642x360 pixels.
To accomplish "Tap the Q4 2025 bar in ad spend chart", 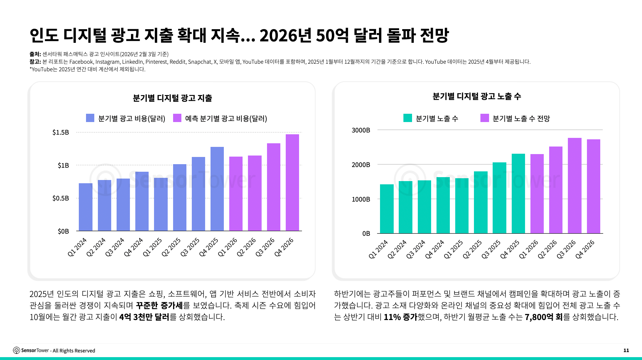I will pyautogui.click(x=217, y=189).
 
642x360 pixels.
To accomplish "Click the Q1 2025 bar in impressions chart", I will pyautogui.click(x=462, y=206).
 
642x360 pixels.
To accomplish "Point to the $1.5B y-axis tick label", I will pyautogui.click(x=60, y=132).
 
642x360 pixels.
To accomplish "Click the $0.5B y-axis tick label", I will pyautogui.click(x=60, y=198).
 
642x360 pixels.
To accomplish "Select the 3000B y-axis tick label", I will pyautogui.click(x=361, y=130).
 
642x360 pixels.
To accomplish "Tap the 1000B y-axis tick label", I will pyautogui.click(x=361, y=199).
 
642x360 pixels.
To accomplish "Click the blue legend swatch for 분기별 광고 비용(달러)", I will pyautogui.click(x=90, y=118).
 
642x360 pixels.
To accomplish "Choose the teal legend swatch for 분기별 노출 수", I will pyautogui.click(x=407, y=118).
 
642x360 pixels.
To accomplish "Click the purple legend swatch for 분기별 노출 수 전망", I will pyautogui.click(x=484, y=118).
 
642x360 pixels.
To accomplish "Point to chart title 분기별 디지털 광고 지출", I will pyautogui.click(x=172, y=98).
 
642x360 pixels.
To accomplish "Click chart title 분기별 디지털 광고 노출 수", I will pyautogui.click(x=476, y=96).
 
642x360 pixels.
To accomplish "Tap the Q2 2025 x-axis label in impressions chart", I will pyautogui.click(x=472, y=249).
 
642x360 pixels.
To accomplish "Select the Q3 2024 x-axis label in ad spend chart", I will pyautogui.click(x=115, y=247).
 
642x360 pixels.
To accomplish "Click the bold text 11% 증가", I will pyautogui.click(x=400, y=317).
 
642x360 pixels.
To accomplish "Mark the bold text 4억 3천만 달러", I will pyautogui.click(x=144, y=317).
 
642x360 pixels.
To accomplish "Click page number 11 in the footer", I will pyautogui.click(x=626, y=350).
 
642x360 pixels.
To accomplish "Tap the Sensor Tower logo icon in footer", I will pyautogui.click(x=17, y=350).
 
